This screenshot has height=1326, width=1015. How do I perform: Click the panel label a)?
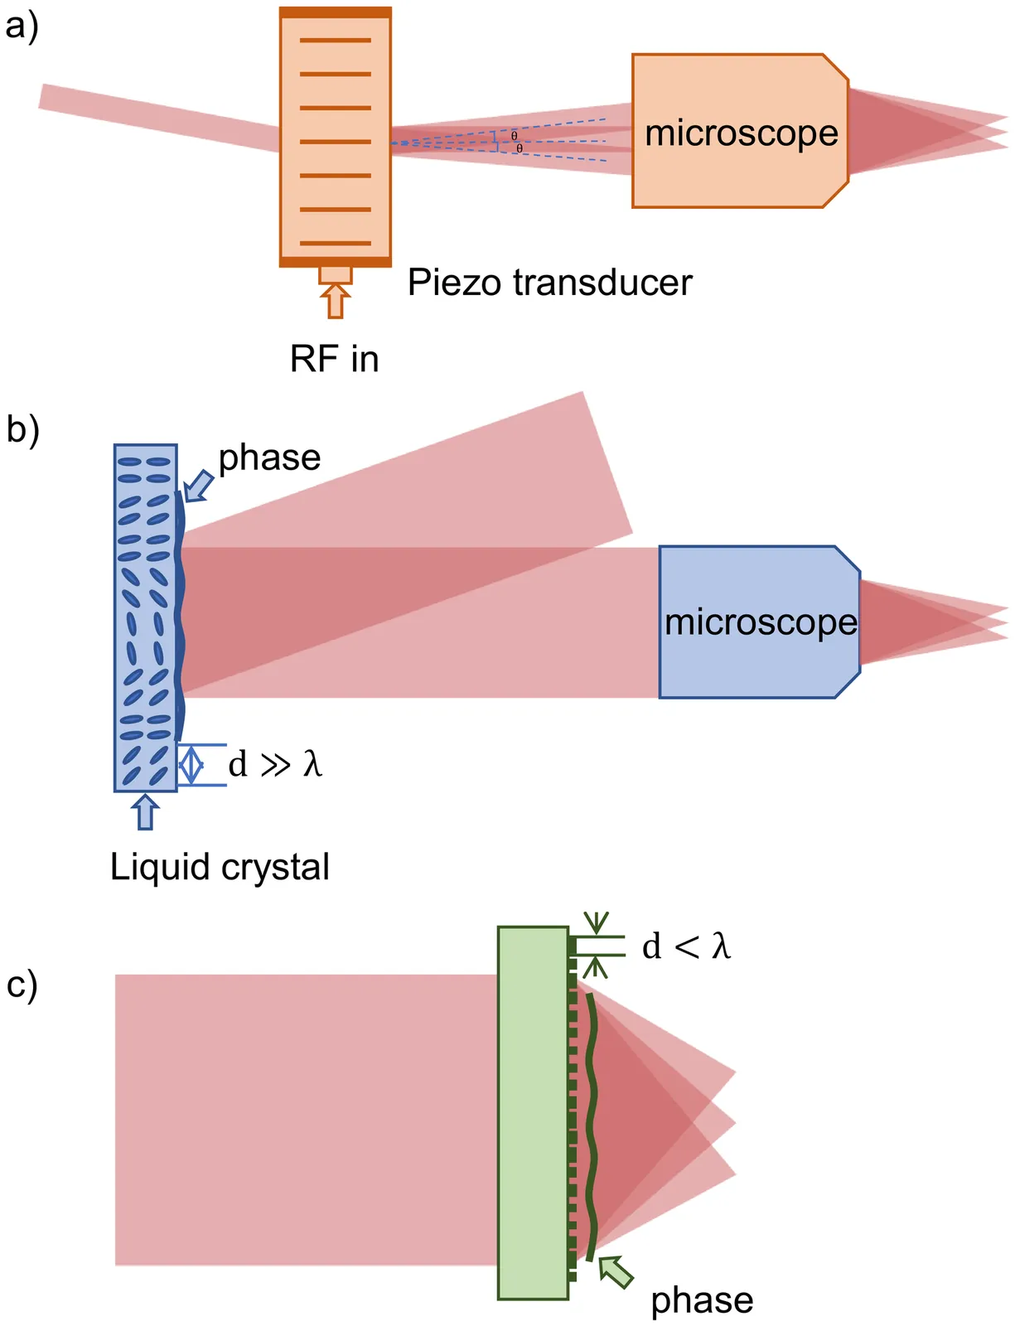pyautogui.click(x=22, y=27)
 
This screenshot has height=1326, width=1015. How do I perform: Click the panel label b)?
pyautogui.click(x=22, y=430)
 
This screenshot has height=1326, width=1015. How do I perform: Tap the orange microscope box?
pyautogui.click(x=740, y=131)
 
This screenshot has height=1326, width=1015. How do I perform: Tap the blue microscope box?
pyautogui.click(x=760, y=622)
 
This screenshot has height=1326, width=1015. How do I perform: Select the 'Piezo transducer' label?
pyautogui.click(x=549, y=283)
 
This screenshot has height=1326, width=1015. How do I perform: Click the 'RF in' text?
pyautogui.click(x=334, y=359)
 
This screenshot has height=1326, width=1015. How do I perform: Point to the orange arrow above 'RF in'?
pyautogui.click(x=335, y=301)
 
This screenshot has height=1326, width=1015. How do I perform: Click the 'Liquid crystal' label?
pyautogui.click(x=220, y=867)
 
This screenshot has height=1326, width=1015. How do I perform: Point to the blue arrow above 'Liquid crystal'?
pyautogui.click(x=145, y=811)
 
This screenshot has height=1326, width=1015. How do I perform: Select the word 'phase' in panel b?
pyautogui.click(x=269, y=457)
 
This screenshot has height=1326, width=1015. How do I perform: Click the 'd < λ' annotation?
pyautogui.click(x=686, y=946)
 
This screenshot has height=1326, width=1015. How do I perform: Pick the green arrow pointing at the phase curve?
pyautogui.click(x=616, y=1272)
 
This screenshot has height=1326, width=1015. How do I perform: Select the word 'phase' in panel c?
pyautogui.click(x=702, y=1300)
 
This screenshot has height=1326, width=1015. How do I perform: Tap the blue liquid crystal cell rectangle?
pyautogui.click(x=145, y=617)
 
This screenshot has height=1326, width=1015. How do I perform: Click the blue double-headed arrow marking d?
pyautogui.click(x=191, y=764)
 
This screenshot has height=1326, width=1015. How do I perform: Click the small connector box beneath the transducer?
pyautogui.click(x=336, y=274)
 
